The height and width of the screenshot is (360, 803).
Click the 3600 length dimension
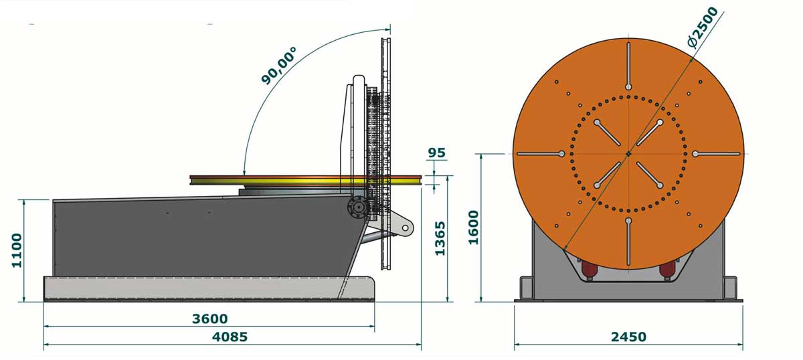tap(209, 319)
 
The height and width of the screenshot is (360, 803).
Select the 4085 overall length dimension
tap(230, 337)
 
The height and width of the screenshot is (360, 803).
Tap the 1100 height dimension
tap(17, 250)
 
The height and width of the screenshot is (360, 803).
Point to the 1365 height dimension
tap(440, 238)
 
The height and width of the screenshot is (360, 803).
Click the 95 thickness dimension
tap(436, 153)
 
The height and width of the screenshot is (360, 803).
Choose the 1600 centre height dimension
tap(474, 228)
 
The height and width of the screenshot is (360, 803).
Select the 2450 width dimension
tap(628, 337)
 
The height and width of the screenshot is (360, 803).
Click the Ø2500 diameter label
tap(703, 27)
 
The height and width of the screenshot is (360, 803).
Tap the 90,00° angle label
tap(279, 66)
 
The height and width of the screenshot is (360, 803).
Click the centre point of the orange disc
tap(628, 154)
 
